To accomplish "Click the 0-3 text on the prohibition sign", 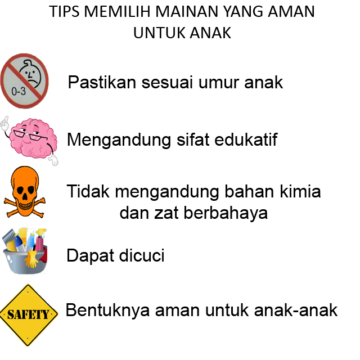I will (19, 91).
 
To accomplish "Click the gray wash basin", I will (22, 264).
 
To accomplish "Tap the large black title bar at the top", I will (181, 22).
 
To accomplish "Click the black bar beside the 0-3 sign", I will (175, 82).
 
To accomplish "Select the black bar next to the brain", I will (172, 139).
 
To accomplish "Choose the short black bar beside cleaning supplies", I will (115, 256).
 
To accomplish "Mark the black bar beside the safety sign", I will (202, 310).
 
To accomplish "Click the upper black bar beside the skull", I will (193, 192).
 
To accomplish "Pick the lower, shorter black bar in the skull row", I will (193, 214).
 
